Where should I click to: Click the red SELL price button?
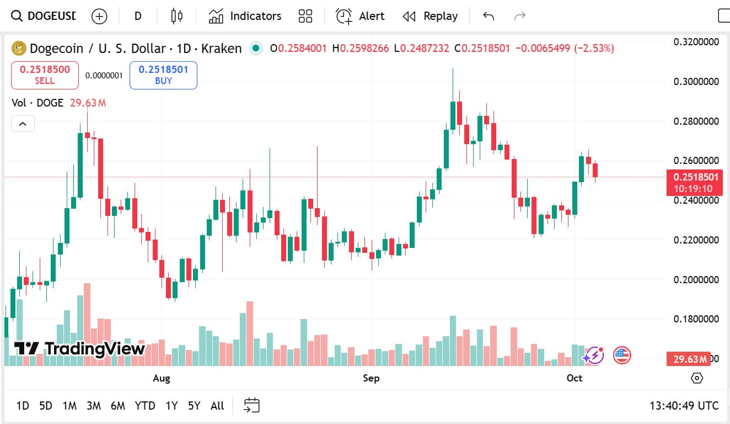click(45, 75)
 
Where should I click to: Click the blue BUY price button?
click(163, 75)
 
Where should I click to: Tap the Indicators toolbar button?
click(245, 16)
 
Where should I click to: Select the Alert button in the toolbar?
click(360, 16)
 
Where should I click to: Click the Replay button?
click(430, 16)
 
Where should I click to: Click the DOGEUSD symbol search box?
click(44, 16)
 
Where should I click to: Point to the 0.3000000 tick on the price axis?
click(696, 82)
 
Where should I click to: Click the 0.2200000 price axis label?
click(696, 240)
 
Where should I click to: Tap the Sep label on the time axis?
click(371, 378)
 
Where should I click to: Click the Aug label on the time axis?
click(161, 378)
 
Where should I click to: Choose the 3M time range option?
click(94, 406)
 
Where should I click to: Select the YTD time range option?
click(145, 406)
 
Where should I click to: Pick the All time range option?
click(217, 406)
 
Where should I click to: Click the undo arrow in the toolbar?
click(489, 16)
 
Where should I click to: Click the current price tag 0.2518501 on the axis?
click(694, 177)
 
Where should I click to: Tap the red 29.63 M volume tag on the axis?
click(689, 359)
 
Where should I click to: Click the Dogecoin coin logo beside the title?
click(19, 49)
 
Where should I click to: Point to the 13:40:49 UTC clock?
click(684, 406)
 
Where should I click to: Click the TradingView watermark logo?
click(79, 348)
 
